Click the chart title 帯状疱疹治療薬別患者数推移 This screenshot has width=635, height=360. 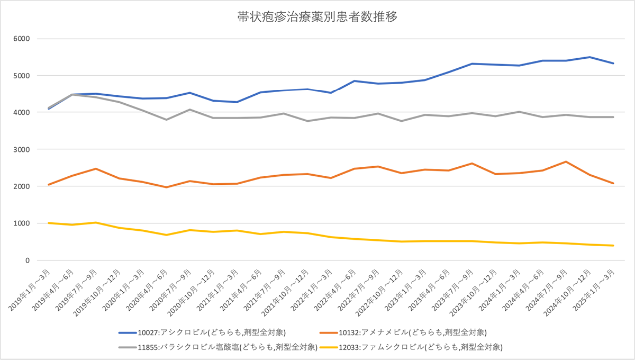point(317,16)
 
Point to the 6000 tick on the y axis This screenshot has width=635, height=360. point(23,39)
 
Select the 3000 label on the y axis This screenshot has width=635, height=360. point(23,150)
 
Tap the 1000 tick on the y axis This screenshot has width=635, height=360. point(23,223)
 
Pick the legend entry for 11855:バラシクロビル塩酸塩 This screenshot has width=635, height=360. point(217,347)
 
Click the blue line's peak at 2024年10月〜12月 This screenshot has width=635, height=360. point(589,57)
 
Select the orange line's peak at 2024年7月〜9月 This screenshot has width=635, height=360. point(566,161)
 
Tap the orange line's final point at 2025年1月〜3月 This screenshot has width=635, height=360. point(613,184)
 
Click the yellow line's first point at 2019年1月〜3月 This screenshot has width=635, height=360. point(49,223)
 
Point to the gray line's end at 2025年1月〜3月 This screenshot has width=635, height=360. point(613,117)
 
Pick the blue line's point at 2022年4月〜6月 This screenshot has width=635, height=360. point(355,81)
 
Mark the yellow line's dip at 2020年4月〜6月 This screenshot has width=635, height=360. point(166,235)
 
